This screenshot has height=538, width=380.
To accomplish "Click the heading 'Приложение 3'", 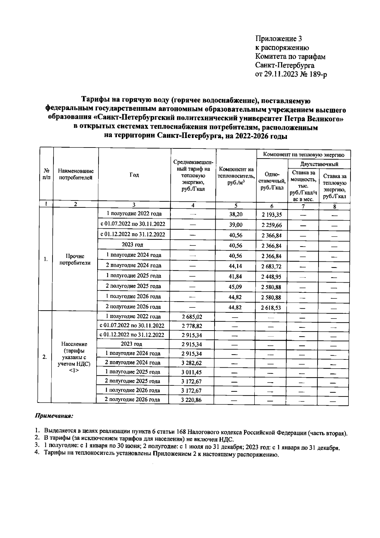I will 279,39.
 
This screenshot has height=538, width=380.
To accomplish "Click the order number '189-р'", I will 317,75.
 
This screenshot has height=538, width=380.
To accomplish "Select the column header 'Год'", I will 134,175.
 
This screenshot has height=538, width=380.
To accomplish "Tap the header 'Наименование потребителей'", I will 76,174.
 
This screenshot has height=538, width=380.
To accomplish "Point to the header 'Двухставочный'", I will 319,164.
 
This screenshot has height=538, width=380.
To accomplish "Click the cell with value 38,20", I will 236,214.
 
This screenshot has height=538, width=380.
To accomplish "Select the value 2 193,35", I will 271,215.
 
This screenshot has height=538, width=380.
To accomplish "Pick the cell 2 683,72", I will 271,266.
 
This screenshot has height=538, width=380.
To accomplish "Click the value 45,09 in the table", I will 236,287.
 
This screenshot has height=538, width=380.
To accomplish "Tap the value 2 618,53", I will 271,308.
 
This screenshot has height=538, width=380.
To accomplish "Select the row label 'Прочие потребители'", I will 75,259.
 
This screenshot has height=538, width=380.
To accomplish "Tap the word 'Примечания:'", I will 54,415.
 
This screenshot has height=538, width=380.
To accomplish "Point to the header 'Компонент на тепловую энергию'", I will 303,155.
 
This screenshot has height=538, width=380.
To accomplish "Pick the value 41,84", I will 236,277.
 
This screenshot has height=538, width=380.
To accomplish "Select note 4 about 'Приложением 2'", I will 158,455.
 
